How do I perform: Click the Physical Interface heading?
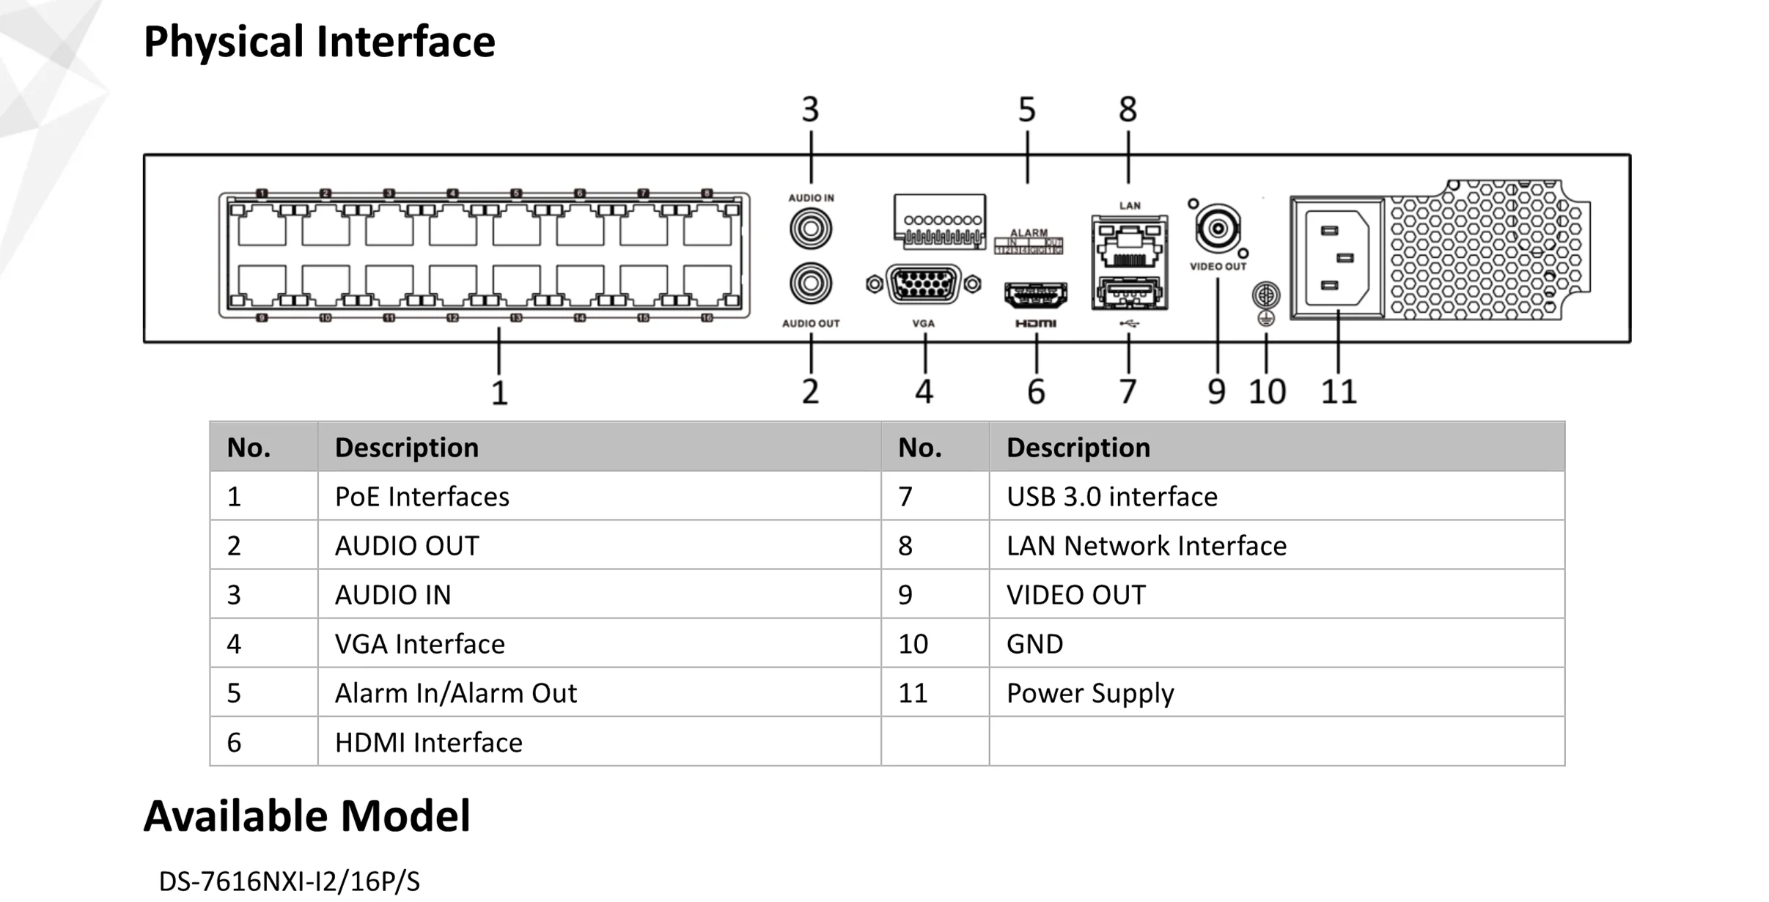click(319, 42)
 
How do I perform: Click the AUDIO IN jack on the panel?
click(810, 229)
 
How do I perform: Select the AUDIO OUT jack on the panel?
click(810, 284)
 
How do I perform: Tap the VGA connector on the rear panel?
click(923, 284)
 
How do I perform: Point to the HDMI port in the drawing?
click(1035, 295)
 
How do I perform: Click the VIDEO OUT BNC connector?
click(1217, 229)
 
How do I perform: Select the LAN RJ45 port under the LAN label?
click(1129, 246)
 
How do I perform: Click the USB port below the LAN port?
click(1129, 293)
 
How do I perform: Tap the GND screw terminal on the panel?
click(1265, 295)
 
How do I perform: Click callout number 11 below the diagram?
click(1338, 392)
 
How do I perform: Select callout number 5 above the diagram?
click(1026, 110)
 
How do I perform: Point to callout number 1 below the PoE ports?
click(499, 393)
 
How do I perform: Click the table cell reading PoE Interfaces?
click(422, 497)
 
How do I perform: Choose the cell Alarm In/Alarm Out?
click(455, 693)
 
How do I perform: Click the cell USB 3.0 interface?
click(1111, 497)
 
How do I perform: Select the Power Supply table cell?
click(1089, 693)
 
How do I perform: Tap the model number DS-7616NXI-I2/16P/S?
click(289, 881)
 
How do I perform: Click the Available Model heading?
click(306, 816)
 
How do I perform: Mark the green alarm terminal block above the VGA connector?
click(939, 221)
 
